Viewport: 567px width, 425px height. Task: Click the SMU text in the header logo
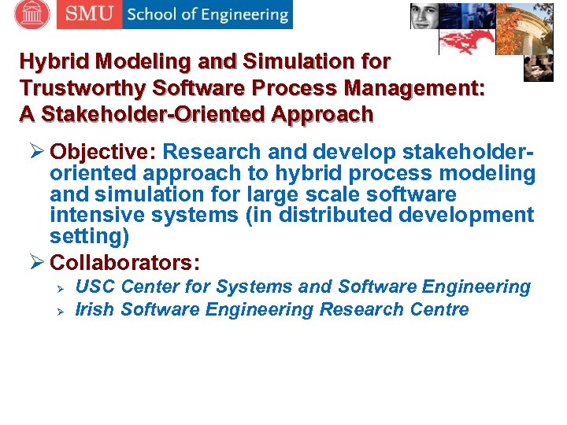click(x=89, y=14)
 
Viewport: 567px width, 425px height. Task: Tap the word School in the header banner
click(x=154, y=14)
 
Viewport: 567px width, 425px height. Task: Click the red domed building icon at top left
click(x=31, y=13)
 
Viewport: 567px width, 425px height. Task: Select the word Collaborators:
click(x=124, y=261)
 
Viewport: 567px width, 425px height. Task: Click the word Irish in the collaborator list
click(x=95, y=309)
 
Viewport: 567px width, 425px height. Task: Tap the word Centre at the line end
click(x=439, y=309)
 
